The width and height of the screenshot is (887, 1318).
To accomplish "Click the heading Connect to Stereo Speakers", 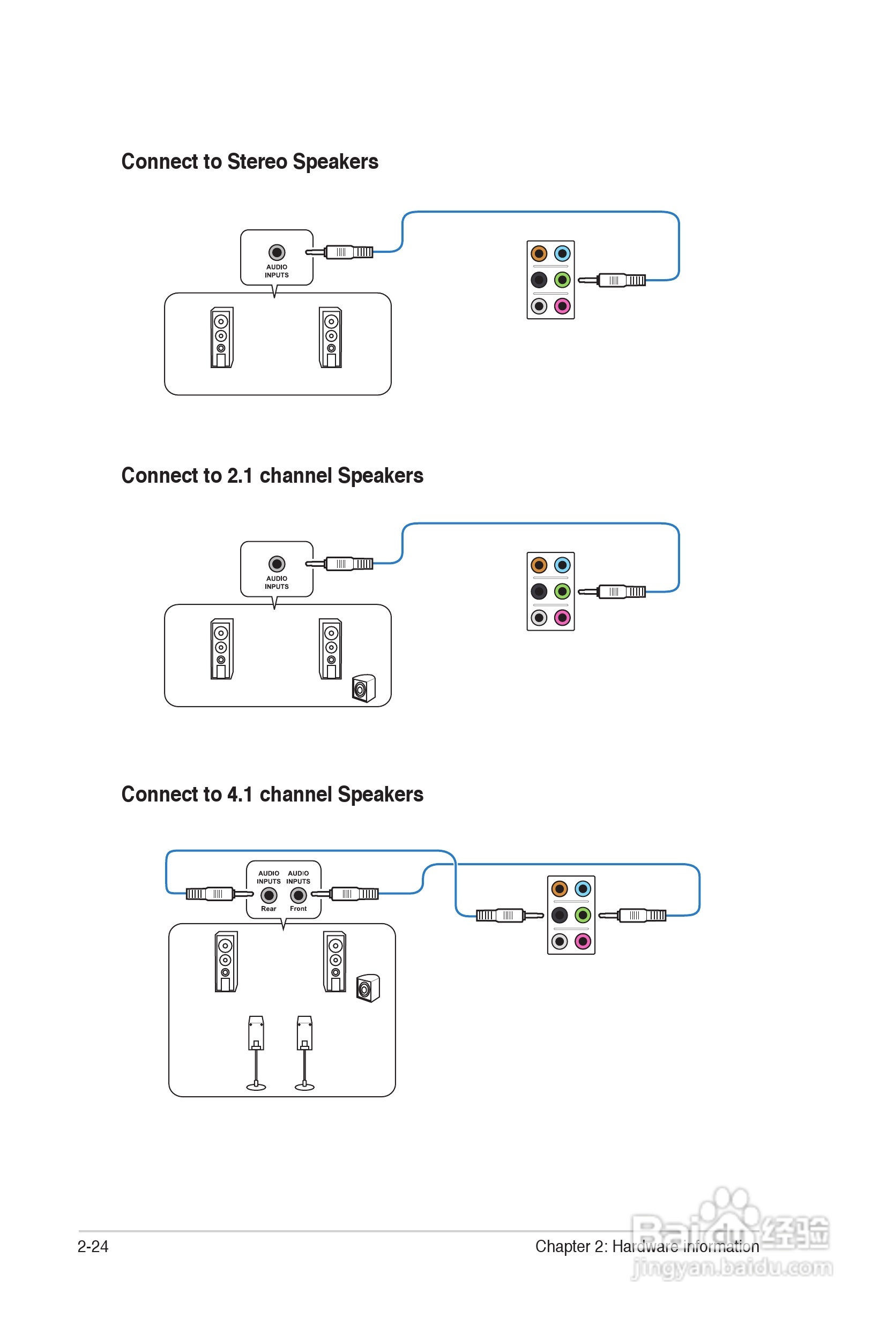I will [249, 162].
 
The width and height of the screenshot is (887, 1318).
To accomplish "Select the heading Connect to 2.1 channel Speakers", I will [272, 476].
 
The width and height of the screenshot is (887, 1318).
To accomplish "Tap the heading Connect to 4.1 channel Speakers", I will [272, 795].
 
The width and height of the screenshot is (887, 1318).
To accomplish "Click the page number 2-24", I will [93, 1246].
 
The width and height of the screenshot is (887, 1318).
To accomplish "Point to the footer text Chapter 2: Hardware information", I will [646, 1246].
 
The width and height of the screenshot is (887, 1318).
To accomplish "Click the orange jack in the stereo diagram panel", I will [539, 253].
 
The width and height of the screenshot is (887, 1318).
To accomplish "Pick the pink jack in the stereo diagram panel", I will [562, 306].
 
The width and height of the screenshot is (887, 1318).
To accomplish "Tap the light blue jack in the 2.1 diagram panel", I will [562, 565].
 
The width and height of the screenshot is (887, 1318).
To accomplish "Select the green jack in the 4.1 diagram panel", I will [583, 915].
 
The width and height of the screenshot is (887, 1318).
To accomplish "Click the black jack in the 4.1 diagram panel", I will [560, 915].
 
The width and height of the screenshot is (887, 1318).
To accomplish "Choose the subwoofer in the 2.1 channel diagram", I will [363, 688].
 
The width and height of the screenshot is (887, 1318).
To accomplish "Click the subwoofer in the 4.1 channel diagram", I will [368, 988].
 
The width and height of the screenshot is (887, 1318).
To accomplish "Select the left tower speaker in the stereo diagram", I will [222, 338].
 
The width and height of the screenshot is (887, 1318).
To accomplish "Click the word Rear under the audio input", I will [269, 909].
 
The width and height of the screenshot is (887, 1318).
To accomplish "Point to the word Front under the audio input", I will [298, 909].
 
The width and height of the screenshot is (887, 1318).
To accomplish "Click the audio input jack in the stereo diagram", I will [277, 252].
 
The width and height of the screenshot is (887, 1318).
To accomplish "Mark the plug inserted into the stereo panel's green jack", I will [614, 280].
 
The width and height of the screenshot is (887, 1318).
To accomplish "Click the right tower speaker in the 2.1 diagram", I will [330, 648].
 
